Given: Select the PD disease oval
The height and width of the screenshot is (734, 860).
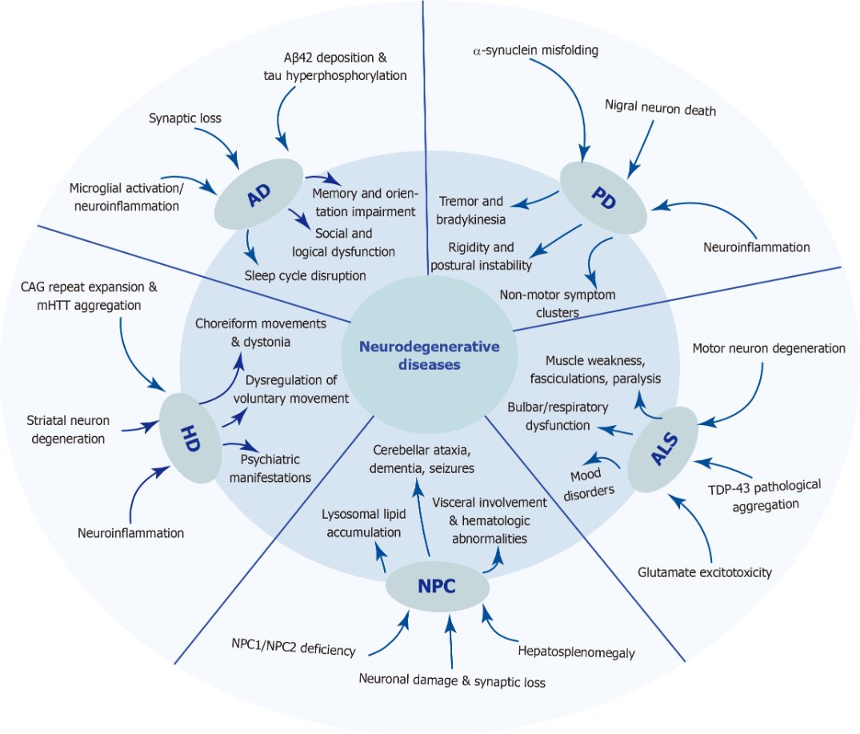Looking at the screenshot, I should tap(604, 199).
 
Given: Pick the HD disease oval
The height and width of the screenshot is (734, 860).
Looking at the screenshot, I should tap(190, 437).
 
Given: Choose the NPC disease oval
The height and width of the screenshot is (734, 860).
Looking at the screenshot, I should tap(437, 587).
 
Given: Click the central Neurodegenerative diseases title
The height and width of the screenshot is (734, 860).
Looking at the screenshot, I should tap(430, 355).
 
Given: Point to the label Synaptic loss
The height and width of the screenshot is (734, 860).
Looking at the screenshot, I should tap(185, 118).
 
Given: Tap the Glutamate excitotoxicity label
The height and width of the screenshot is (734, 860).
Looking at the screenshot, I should tap(705, 572).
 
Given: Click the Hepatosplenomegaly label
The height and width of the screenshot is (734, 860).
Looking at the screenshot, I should tap(577, 652).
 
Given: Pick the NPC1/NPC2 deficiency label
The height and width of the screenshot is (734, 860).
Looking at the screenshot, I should tap(293, 650).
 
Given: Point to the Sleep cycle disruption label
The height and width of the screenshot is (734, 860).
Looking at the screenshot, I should tap(305, 275).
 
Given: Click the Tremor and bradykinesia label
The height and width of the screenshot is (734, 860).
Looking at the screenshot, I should tap(471, 210).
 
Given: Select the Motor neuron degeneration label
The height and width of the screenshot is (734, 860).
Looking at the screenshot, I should tap(769, 348).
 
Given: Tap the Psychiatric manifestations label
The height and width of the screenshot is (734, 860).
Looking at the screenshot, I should tap(270, 468).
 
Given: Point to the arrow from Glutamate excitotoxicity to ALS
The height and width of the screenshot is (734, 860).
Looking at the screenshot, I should tap(694, 528).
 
